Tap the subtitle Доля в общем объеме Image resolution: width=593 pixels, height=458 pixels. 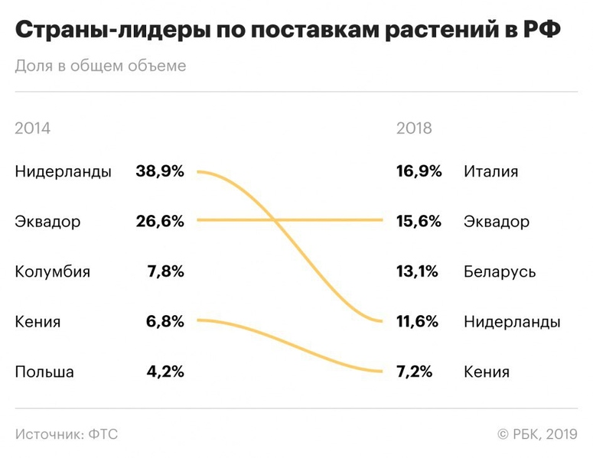[100, 66]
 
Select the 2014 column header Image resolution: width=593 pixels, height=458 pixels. [33, 128]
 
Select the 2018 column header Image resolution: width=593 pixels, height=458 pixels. [414, 128]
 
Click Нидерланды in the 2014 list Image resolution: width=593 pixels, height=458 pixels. [63, 171]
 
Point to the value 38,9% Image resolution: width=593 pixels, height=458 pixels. [160, 171]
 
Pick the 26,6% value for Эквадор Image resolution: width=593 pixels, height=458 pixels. [160, 222]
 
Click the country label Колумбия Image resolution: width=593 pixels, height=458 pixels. [52, 272]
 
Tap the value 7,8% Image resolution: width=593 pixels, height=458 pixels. [165, 272]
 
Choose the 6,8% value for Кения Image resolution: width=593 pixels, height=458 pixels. [165, 322]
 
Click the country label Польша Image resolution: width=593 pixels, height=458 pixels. [44, 372]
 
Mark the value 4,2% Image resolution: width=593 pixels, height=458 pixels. [165, 372]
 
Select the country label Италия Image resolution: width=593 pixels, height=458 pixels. [490, 171]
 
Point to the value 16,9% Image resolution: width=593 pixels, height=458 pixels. [419, 171]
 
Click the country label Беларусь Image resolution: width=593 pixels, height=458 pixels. [500, 272]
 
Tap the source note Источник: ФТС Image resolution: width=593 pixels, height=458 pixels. [67, 434]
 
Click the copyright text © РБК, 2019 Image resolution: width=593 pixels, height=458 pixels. [537, 434]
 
